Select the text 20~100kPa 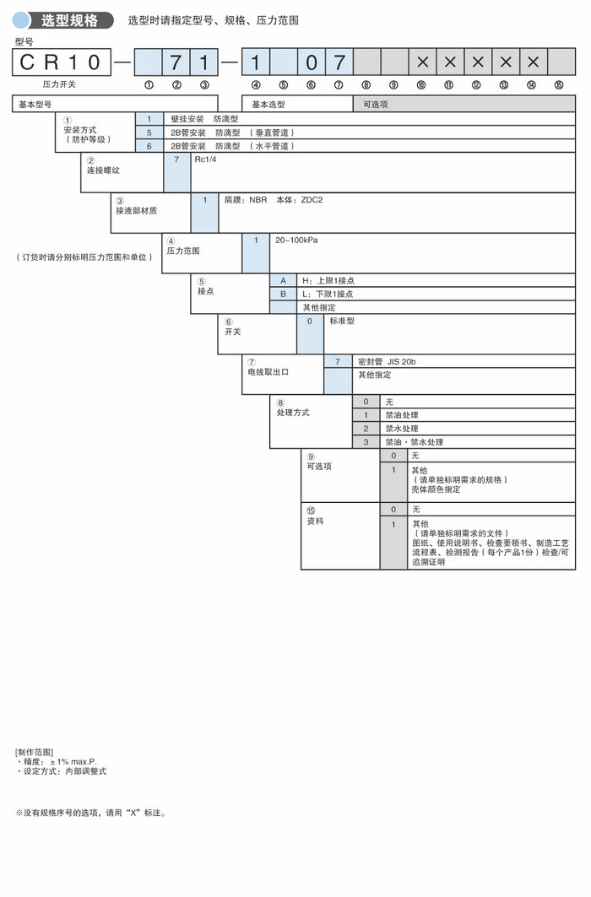click(295, 240)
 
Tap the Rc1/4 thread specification click(205, 159)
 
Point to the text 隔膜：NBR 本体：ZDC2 click(263, 200)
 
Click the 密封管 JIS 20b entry click(387, 361)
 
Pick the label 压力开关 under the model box click(60, 84)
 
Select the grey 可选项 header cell click(377, 104)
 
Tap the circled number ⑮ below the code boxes click(558, 84)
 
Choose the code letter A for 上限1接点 click(283, 280)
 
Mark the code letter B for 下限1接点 click(283, 294)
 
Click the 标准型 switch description click(344, 322)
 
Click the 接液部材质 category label click(135, 211)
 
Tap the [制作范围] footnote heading click(34, 752)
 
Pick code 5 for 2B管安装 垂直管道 click(149, 132)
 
